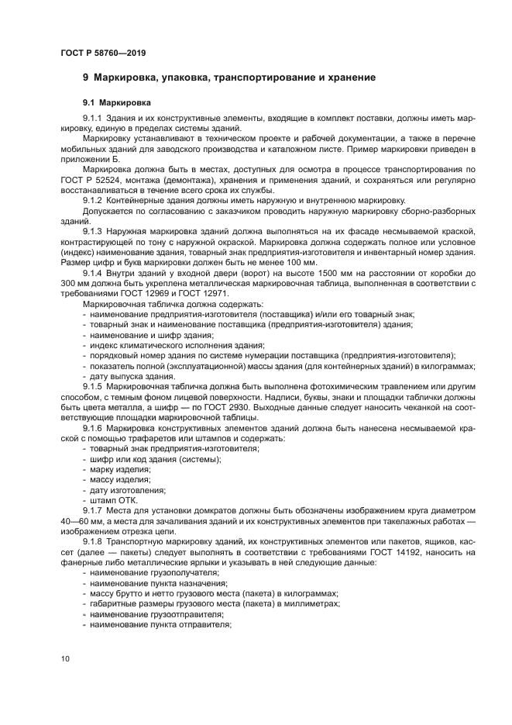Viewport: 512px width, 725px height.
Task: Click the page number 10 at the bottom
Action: (x=65, y=659)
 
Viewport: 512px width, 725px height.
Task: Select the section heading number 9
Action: (x=86, y=78)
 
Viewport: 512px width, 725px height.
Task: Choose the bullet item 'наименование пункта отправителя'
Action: (x=160, y=624)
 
